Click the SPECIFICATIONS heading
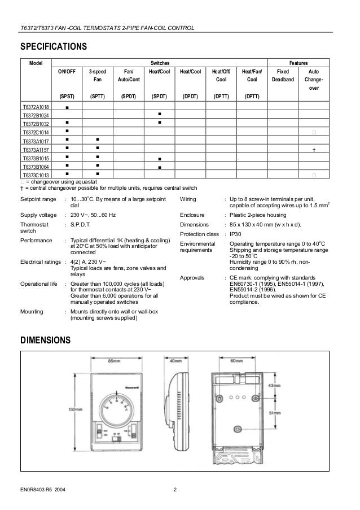click(x=54, y=46)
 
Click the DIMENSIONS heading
click(x=46, y=341)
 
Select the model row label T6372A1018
click(x=36, y=107)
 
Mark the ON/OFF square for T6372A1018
click(x=67, y=107)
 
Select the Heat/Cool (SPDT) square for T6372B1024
click(x=160, y=115)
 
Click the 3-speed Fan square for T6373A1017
click(x=97, y=141)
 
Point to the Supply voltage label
click(x=38, y=215)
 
